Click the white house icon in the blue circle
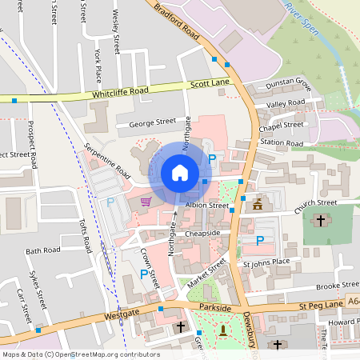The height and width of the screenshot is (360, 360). tap(180, 173)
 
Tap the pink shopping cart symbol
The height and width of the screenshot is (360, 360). tap(146, 201)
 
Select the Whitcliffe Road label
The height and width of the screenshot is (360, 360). tap(121, 93)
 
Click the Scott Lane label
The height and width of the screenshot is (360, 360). tap(210, 84)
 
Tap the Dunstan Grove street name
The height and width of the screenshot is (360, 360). tap(290, 82)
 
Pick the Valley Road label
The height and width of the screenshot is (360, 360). tap(286, 103)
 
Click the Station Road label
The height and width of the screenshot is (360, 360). tap(282, 143)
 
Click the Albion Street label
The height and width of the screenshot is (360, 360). tap(207, 206)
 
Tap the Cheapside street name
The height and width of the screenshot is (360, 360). tap(202, 233)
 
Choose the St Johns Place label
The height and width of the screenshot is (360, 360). tap(266, 262)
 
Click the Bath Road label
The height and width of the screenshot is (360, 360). tap(42, 250)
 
